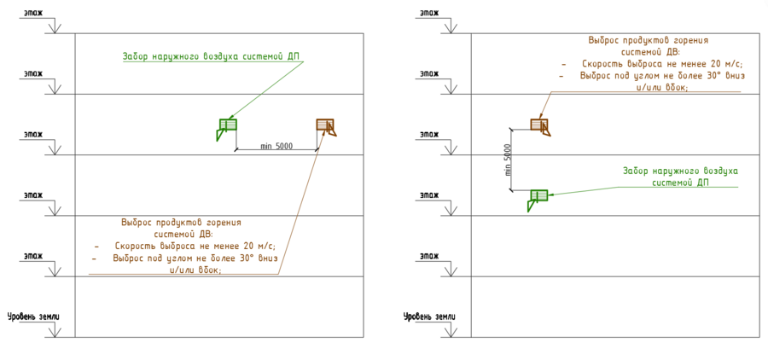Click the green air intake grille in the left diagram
pos(226,128)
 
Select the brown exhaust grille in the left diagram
pos(326,126)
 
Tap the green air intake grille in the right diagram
pos(538,198)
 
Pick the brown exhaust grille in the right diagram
pos(539,125)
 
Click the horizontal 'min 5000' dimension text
pos(276,147)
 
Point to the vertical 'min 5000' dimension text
pos(508,160)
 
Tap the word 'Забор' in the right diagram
pos(636,171)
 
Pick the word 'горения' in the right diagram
pos(690,40)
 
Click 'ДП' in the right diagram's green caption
pos(703,183)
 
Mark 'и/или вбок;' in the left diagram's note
pos(196,269)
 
